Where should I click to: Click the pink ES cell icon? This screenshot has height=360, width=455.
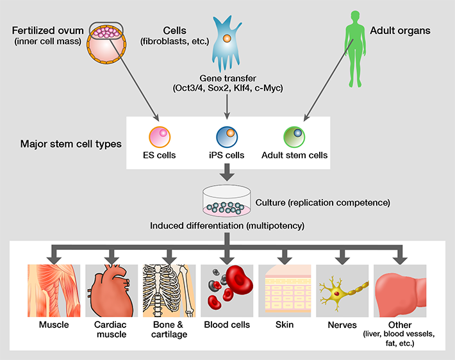click(158, 136)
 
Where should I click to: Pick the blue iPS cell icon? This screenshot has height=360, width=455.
click(227, 136)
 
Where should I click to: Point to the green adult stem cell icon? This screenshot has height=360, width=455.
click(294, 136)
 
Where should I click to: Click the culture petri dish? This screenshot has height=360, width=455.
click(226, 202)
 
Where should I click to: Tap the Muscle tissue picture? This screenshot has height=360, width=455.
click(53, 291)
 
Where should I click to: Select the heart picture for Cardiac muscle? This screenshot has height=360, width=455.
click(110, 291)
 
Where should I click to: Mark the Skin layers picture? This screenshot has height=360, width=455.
click(284, 291)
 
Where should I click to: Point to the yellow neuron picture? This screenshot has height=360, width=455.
click(342, 291)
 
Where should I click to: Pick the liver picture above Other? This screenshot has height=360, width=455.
click(401, 291)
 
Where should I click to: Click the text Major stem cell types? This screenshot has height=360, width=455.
click(71, 143)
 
